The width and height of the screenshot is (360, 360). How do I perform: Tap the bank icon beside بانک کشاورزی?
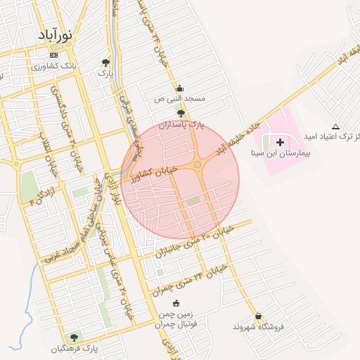pyautogui.click(x=54, y=56)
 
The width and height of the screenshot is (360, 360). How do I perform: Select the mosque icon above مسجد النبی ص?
pyautogui.click(x=179, y=89)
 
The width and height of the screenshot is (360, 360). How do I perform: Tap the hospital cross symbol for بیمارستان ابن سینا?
pyautogui.click(x=280, y=142)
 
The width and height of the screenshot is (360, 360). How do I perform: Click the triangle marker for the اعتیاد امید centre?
pyautogui.click(x=335, y=127)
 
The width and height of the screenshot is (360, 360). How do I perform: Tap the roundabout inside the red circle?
pyautogui.click(x=198, y=165)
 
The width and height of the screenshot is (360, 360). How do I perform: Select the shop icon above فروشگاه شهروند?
pyautogui.click(x=259, y=316)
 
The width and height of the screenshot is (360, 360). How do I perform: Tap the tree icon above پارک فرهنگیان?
pyautogui.click(x=74, y=337)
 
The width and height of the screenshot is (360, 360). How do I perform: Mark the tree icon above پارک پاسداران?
pyautogui.click(x=181, y=113)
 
